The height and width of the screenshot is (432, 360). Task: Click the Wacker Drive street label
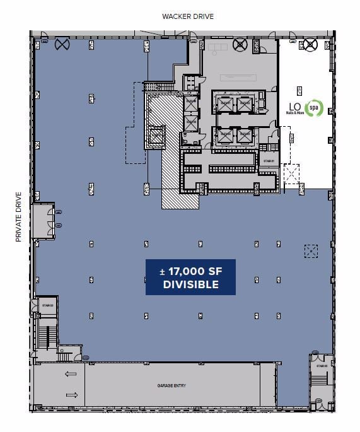click(187, 16)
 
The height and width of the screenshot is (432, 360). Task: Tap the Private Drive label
click(19, 217)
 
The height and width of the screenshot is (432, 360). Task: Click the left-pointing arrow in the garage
click(71, 374)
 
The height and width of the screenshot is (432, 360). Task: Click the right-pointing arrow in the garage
click(71, 395)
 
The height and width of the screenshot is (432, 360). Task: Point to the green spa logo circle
click(313, 108)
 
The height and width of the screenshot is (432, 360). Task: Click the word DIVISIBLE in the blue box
click(190, 284)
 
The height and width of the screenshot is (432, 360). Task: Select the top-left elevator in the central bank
click(224, 104)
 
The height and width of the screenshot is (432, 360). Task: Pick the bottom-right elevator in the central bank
click(243, 136)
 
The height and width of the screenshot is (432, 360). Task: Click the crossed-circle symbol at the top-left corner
click(62, 44)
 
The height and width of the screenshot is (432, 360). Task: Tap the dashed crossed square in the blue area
click(311, 250)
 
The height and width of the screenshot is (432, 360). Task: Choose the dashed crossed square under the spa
click(292, 175)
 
